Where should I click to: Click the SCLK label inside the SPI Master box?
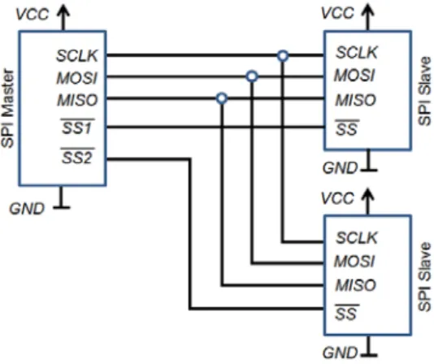[77, 55]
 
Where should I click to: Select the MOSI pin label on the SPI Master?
[77, 78]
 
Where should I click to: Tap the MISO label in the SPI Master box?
[77, 100]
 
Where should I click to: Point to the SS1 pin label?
[77, 127]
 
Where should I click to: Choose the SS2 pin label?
[77, 157]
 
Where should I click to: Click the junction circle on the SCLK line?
[283, 56]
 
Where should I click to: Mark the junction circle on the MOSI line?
[252, 76]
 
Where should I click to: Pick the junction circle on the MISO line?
[222, 98]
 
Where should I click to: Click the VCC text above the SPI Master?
[33, 14]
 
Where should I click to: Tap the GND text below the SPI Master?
[27, 209]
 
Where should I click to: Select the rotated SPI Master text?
[7, 109]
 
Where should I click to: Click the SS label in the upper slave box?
[347, 128]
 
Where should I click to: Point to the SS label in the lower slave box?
[347, 313]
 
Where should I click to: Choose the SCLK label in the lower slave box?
[357, 238]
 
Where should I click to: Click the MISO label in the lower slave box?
[356, 285]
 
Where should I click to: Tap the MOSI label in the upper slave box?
[355, 76]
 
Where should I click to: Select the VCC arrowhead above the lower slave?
[368, 193]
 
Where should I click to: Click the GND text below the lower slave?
[341, 353]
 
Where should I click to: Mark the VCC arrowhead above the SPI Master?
[63, 10]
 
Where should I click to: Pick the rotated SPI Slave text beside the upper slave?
[425, 91]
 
